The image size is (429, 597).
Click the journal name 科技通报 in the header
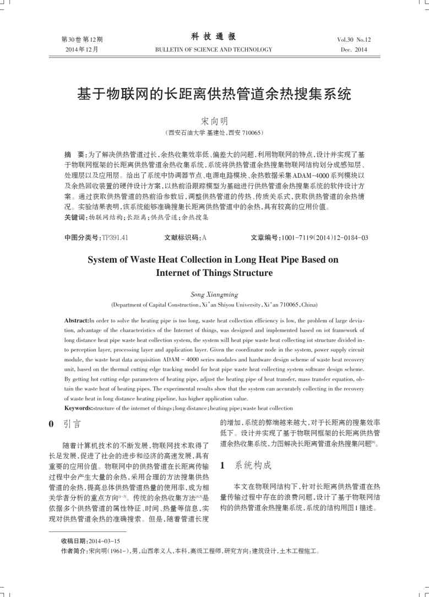214,37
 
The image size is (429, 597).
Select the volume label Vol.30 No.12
354,40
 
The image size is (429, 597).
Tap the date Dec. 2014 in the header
354,50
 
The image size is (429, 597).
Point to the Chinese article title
214,94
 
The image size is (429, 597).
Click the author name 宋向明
214,121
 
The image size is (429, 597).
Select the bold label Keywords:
79,408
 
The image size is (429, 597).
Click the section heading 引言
72,425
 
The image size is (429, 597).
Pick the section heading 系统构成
253,465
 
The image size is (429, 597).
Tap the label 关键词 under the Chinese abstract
75,218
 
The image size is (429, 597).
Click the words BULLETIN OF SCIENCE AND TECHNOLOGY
214,50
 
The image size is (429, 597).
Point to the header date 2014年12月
82,50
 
